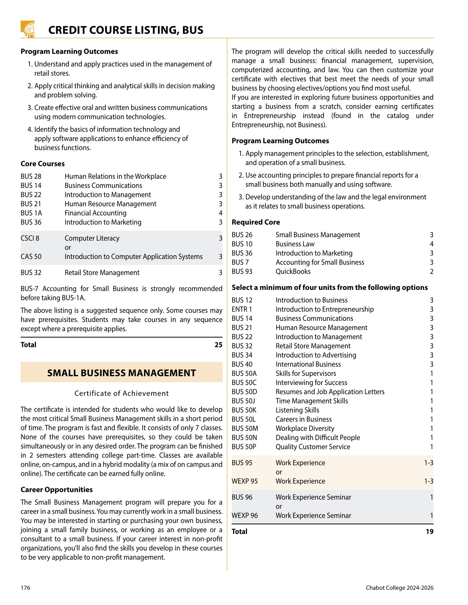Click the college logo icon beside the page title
pyautogui.click(x=28, y=29)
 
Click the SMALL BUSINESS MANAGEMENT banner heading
pyautogui.click(x=122, y=373)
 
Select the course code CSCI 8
pyautogui.click(x=30, y=238)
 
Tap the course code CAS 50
pyautogui.click(x=31, y=256)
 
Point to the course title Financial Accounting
pyautogui.click(x=95, y=213)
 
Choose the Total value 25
pyautogui.click(x=218, y=345)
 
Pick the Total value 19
pyautogui.click(x=429, y=531)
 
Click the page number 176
pyautogui.click(x=25, y=587)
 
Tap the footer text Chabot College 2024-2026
pyautogui.click(x=400, y=587)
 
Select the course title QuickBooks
pyautogui.click(x=293, y=271)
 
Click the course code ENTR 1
pyautogui.click(x=242, y=309)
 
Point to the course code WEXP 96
pyautogui.click(x=245, y=515)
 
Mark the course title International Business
pyautogui.click(x=308, y=364)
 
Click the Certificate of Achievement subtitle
pyautogui.click(x=122, y=393)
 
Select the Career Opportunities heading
pyautogui.click(x=57, y=489)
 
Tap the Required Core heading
pyautogui.click(x=255, y=222)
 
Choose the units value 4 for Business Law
pyautogui.click(x=431, y=244)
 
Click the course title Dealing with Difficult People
pyautogui.click(x=318, y=437)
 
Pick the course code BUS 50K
pyautogui.click(x=244, y=410)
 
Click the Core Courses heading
pyautogui.click(x=42, y=163)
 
